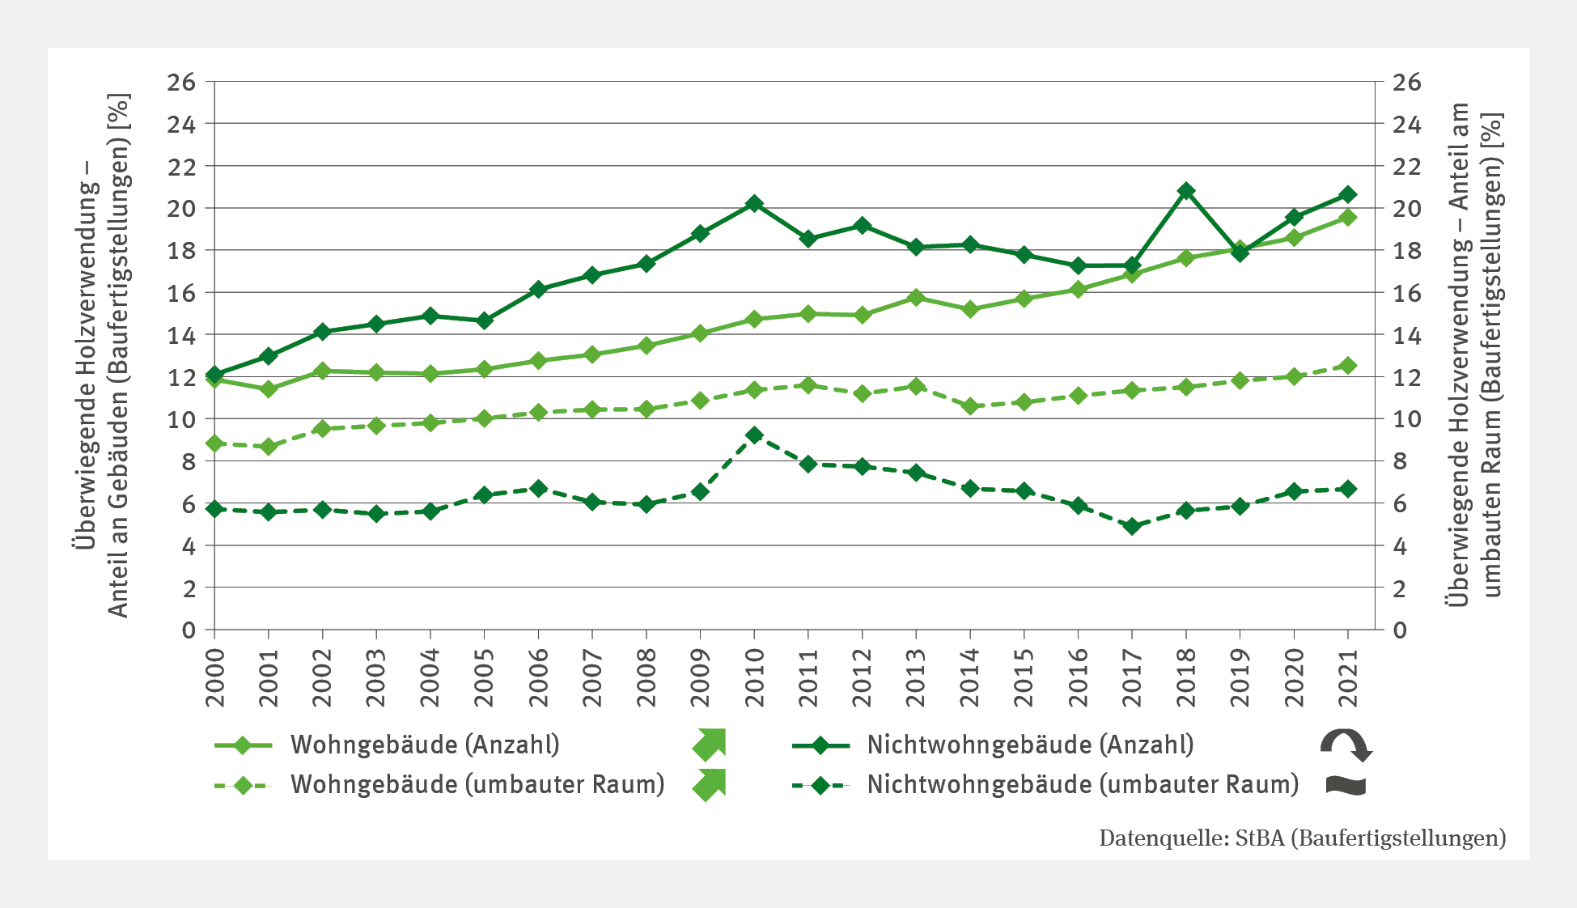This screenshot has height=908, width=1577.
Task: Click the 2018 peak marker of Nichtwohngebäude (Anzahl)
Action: pos(1186,191)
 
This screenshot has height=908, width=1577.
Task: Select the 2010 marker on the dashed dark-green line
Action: pos(754,435)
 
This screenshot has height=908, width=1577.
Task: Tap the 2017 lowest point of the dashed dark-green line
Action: pos(1132,526)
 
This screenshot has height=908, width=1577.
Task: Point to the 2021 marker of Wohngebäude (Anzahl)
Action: pos(1348,218)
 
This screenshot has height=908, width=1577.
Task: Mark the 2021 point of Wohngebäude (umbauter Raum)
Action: pos(1348,366)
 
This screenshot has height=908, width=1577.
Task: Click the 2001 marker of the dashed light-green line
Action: pos(269,447)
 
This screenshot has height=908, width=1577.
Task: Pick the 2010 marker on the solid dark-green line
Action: pos(754,203)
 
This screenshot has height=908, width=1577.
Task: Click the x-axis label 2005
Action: pos(485,677)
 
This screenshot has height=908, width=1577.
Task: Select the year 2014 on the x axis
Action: pos(970,677)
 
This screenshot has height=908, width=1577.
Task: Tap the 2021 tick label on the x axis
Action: pos(1348,677)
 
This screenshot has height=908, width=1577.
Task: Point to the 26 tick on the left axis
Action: pos(181,82)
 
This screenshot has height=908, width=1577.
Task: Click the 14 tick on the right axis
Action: pos(1406,335)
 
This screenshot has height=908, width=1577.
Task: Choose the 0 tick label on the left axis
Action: pos(189,630)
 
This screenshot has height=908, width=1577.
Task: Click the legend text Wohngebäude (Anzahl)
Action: pos(425,745)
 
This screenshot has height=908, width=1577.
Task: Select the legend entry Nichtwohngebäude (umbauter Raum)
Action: pos(1083,784)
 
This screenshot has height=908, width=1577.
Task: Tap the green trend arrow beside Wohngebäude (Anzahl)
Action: pos(710,745)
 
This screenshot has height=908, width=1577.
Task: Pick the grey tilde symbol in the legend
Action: pos(1346,785)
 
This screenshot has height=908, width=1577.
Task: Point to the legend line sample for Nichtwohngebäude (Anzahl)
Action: pos(820,745)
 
